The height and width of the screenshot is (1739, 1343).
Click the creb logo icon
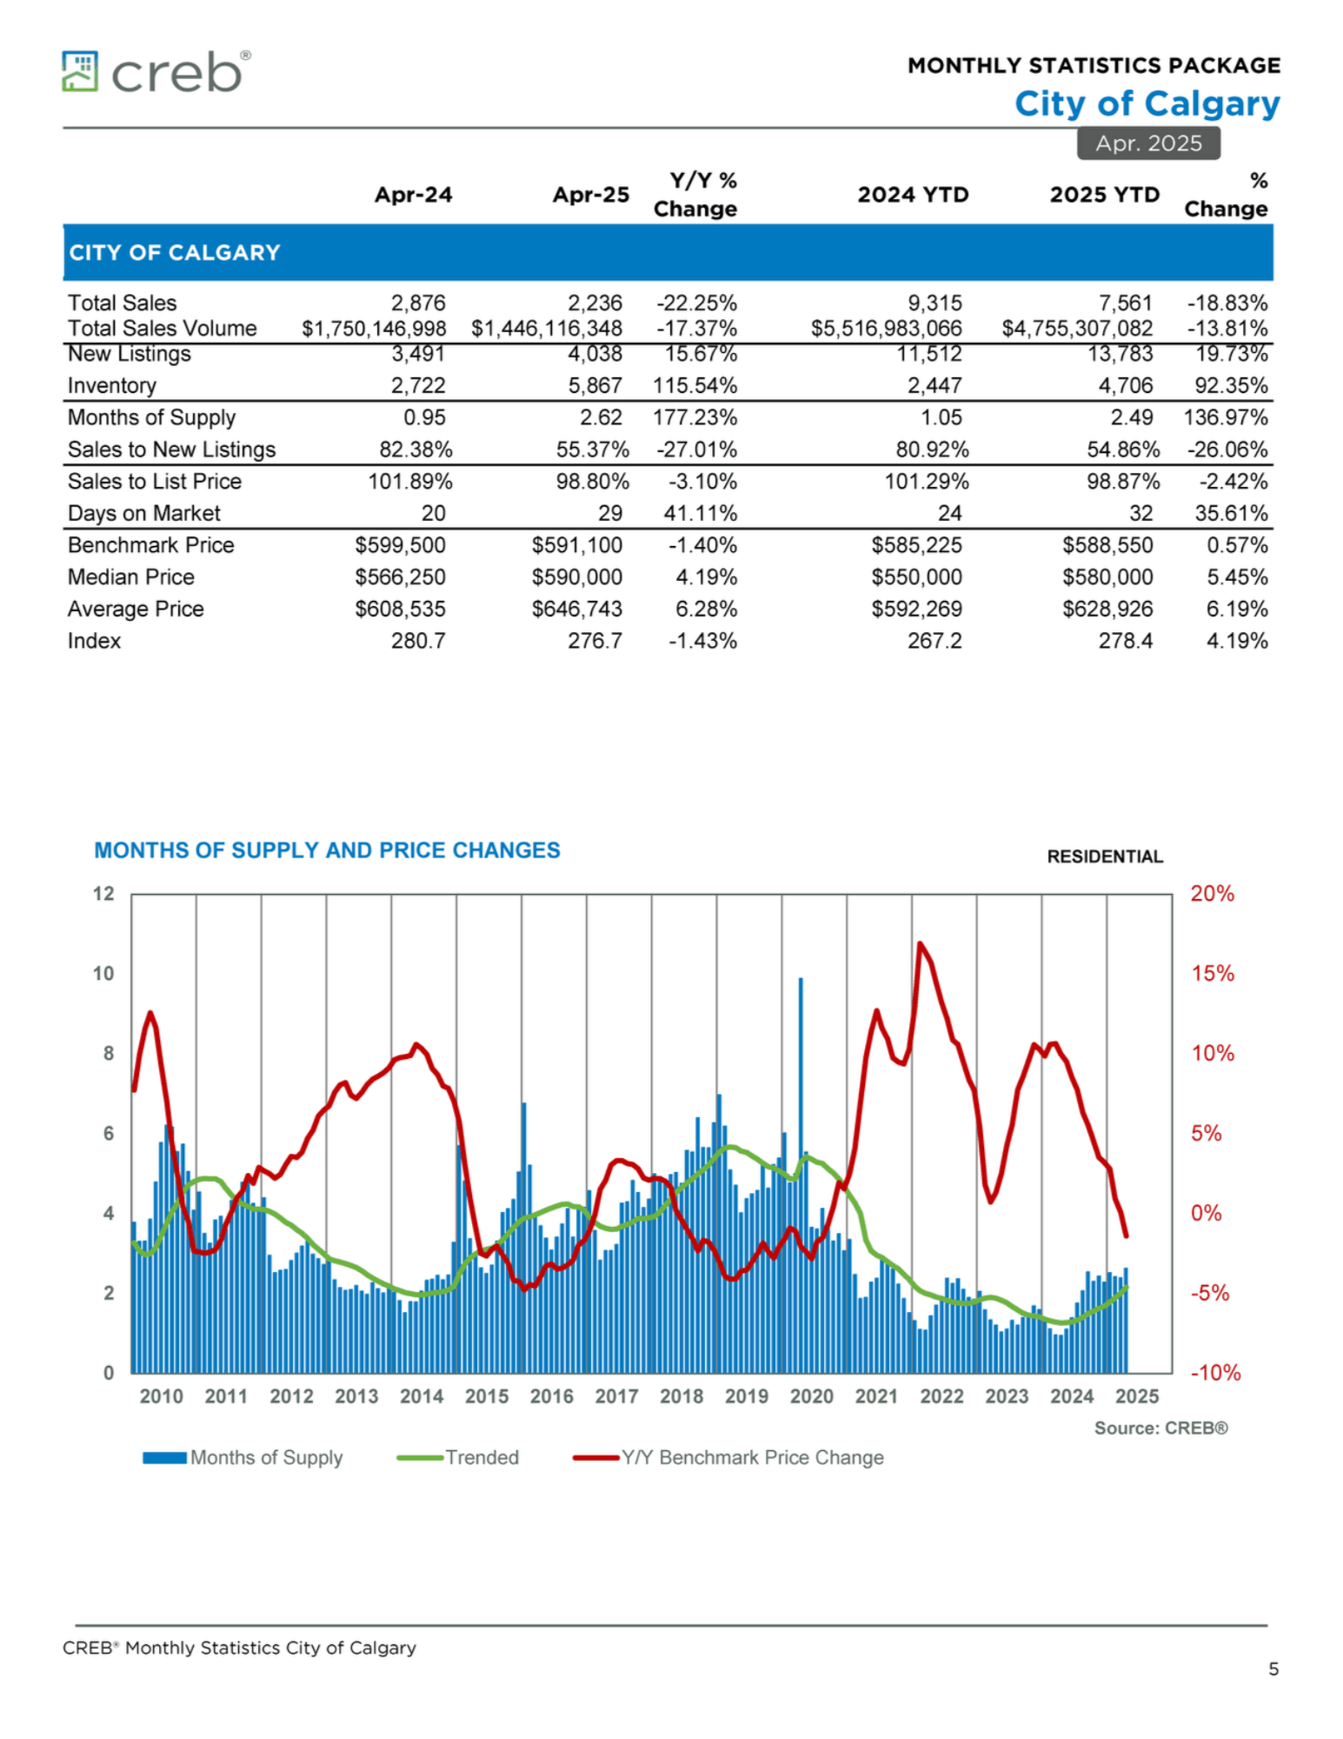click(80, 71)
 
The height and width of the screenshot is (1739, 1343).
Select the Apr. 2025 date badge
click(1148, 143)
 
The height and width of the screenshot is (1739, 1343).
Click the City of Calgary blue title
click(1147, 103)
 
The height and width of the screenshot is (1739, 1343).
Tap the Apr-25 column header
click(591, 195)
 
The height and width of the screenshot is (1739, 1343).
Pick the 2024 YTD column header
click(913, 195)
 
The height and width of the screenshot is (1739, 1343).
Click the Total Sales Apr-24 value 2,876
click(418, 303)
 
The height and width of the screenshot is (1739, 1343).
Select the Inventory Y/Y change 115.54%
click(695, 385)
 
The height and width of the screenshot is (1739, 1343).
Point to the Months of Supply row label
click(152, 418)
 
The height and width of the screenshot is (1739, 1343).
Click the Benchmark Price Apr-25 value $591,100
click(577, 545)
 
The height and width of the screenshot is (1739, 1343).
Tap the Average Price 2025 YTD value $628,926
click(1107, 609)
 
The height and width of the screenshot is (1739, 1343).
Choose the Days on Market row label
click(144, 514)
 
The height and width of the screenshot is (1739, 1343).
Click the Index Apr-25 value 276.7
click(595, 641)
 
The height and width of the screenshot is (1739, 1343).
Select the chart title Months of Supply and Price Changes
click(327, 850)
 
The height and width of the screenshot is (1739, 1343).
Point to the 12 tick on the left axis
click(103, 894)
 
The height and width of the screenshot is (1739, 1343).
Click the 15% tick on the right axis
click(1213, 974)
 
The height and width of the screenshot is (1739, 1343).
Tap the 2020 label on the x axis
click(812, 1396)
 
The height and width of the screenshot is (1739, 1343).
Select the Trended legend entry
click(458, 1457)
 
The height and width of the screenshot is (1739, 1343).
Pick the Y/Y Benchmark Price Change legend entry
click(728, 1457)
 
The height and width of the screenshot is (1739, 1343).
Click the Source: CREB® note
click(1160, 1428)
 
